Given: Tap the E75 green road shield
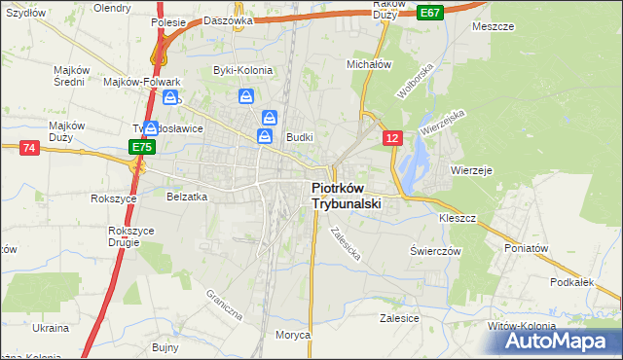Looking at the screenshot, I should click(142, 147).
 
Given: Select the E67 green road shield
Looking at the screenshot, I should click(431, 12).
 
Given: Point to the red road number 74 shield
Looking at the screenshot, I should click(28, 147).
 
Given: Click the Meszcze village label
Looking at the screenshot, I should click(493, 26).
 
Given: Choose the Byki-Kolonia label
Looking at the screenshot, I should click(242, 70).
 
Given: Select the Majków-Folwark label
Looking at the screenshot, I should click(143, 82).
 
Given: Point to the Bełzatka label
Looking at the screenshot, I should click(188, 197).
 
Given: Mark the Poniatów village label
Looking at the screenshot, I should click(527, 247).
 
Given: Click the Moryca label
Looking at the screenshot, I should click(292, 334).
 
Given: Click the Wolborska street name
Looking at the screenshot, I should click(413, 85).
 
